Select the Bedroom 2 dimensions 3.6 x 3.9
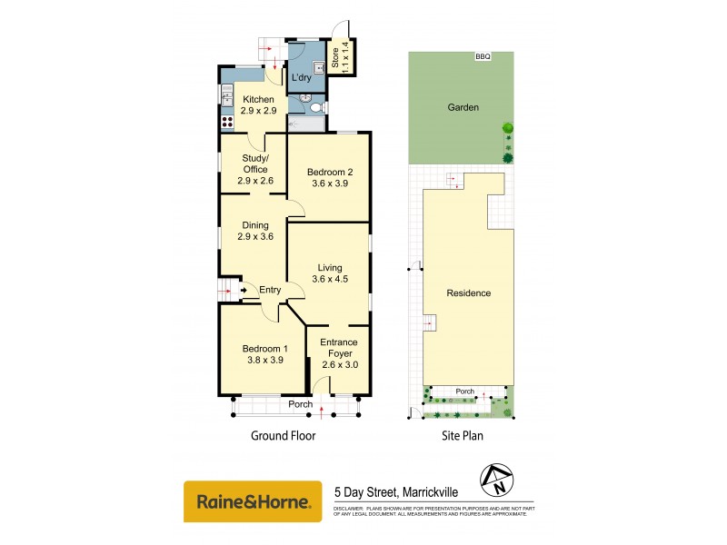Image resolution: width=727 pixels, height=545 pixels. coord(329,183)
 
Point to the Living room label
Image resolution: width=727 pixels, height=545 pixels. coord(329,268)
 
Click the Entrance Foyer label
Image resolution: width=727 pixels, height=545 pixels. coord(339,347)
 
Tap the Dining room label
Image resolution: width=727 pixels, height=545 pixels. coord(254,229)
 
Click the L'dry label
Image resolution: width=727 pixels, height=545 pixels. coord(302,78)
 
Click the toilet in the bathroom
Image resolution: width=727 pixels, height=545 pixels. coord(315,106)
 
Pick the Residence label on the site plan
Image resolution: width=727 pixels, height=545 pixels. coord(469,293)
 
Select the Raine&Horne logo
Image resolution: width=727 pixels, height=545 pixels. coord(253,501)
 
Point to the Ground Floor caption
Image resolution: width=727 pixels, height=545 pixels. coord(283,436)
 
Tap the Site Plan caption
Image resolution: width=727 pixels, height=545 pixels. coord(462,436)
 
